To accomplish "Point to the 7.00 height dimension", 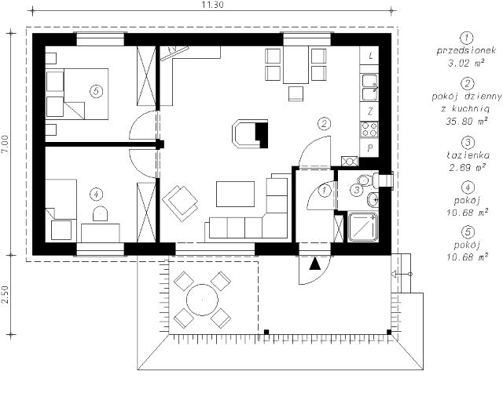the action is point(5,144).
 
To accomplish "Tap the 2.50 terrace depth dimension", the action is point(5,295).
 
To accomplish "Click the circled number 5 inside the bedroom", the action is point(96,92).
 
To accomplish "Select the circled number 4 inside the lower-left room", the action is point(96,194).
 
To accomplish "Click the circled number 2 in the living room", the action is point(324,124).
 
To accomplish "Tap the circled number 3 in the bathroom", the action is point(357,190).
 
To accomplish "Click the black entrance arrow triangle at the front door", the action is point(315,264).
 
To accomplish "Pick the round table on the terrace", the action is point(202,300).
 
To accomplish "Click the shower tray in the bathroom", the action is point(363,227).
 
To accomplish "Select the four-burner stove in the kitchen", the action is point(369,129).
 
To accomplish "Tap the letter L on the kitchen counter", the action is point(371,56).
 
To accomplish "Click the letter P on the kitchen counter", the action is point(370,148).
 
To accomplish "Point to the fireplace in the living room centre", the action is point(250,134).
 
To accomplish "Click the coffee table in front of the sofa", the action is point(236,194).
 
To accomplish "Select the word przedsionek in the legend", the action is point(466,50).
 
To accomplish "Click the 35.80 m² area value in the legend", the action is point(467,121).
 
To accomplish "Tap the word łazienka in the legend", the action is point(468,155).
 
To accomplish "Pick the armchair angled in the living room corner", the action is point(180,203).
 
